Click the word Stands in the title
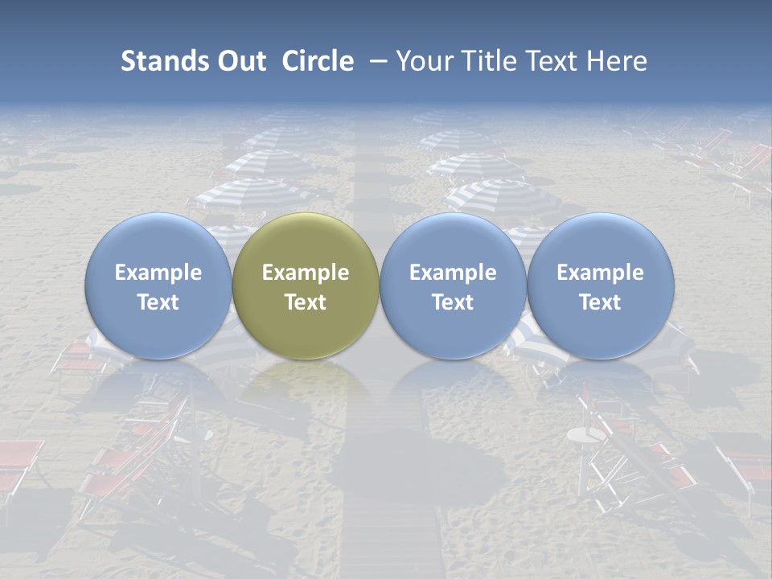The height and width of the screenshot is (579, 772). (164, 61)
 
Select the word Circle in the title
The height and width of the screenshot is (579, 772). (318, 61)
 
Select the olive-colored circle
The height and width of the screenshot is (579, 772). (306, 286)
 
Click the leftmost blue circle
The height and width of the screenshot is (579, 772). (158, 286)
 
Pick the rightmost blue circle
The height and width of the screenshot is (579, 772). (600, 286)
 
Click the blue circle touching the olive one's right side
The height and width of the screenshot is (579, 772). (453, 286)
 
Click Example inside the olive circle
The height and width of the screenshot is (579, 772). (306, 273)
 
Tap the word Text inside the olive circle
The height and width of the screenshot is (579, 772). (306, 302)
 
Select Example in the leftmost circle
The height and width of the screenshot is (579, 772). (158, 273)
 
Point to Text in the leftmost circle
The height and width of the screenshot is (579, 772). (158, 302)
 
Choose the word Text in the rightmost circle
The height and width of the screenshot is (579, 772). (600, 302)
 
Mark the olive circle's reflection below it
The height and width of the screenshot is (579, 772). (306, 386)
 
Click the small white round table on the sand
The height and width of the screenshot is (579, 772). (585, 435)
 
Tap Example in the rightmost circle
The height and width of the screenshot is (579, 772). (600, 273)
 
